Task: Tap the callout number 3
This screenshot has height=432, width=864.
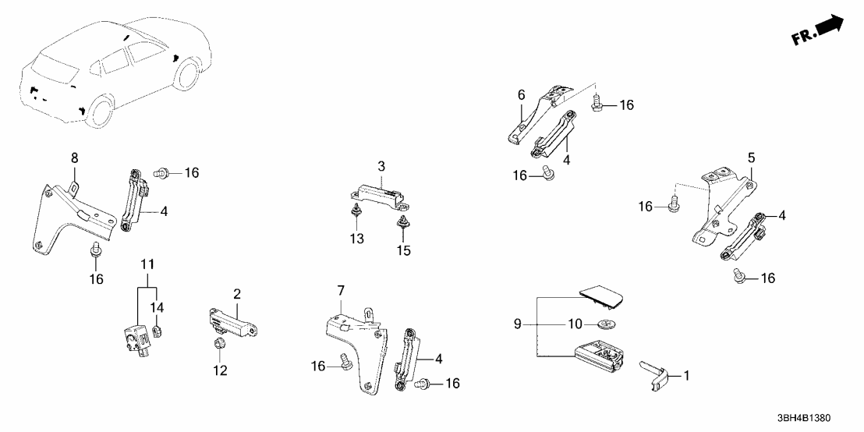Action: tap(381, 167)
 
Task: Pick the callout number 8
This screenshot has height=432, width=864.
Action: tap(75, 158)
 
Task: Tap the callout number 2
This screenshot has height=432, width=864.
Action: tap(235, 294)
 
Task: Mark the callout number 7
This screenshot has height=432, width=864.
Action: tap(339, 291)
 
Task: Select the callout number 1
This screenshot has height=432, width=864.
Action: tap(687, 376)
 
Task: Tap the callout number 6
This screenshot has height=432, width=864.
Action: tap(521, 94)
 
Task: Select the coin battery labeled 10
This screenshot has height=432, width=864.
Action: tap(607, 322)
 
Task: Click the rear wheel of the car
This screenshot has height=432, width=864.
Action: tap(100, 112)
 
